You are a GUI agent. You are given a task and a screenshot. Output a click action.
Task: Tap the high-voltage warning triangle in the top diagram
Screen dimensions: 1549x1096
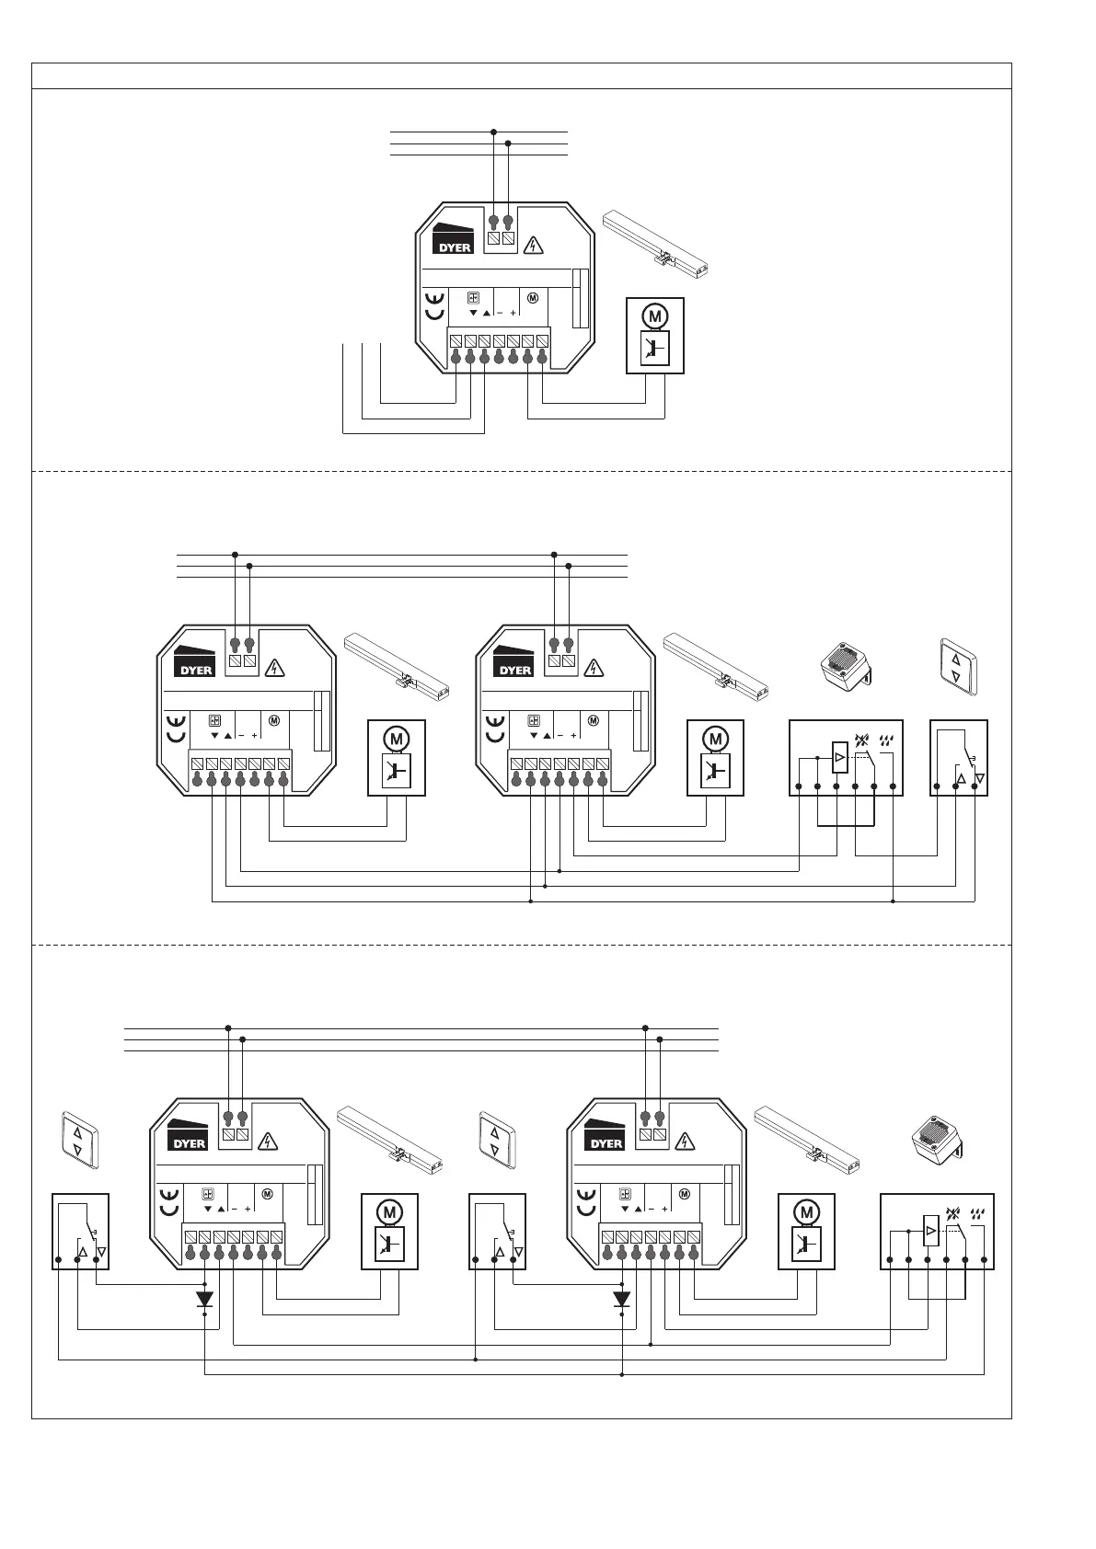533,246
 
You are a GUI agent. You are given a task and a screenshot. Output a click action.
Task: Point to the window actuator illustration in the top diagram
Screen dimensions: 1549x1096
658,246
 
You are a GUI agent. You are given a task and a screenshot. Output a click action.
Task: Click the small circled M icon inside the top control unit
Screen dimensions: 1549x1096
533,298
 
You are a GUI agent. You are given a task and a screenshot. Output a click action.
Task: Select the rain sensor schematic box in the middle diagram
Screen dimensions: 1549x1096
846,757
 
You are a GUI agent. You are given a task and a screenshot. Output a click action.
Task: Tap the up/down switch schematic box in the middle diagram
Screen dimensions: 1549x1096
959,757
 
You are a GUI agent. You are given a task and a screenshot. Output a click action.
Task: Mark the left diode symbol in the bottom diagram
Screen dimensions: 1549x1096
205,1299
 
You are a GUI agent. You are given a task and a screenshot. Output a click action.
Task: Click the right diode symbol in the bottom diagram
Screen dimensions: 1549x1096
622,1299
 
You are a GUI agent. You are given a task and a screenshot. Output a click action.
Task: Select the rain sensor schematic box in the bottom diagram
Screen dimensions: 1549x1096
937,1231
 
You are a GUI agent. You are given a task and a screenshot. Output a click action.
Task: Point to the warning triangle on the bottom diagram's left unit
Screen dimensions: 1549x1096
268,1142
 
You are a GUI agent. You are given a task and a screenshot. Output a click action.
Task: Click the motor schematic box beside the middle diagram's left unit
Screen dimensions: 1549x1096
397,757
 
